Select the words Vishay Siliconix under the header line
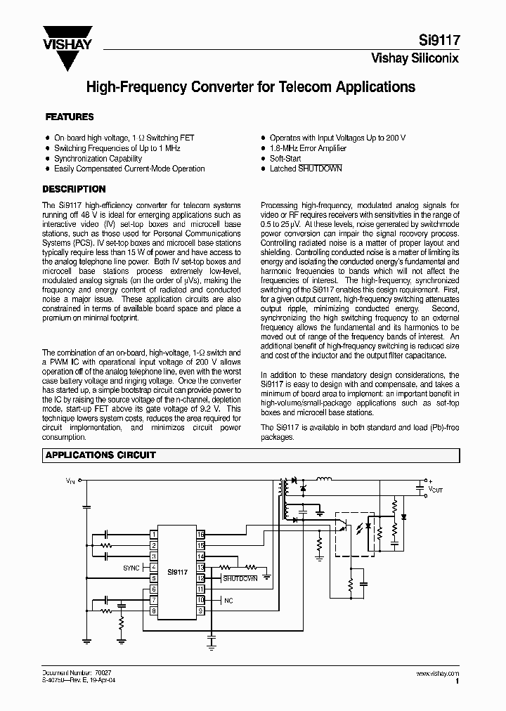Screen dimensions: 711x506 coord(415,59)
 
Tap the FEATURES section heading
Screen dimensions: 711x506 coord(70,117)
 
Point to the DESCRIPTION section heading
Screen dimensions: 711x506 coord(74,189)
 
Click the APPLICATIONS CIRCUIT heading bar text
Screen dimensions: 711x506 coord(100,455)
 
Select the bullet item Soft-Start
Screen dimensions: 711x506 coord(285,159)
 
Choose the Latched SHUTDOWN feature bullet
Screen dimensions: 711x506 coord(306,169)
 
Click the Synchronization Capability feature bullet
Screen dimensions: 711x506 coord(98,159)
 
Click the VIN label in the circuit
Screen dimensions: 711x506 coord(70,481)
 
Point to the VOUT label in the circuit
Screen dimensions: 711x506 coord(436,487)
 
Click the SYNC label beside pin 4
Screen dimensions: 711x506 coord(131,567)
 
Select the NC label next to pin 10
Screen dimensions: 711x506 coord(228,601)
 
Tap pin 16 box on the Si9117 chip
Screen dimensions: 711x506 coord(200,535)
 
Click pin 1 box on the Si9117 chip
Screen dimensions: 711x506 coord(153,535)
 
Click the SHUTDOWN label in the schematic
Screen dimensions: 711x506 coord(240,578)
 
